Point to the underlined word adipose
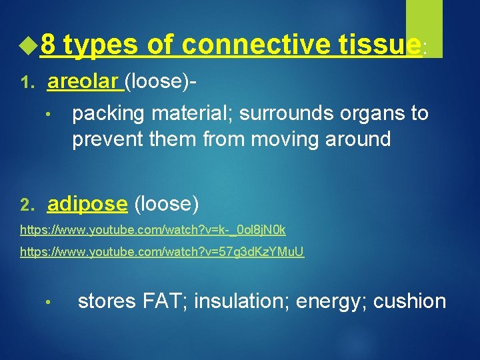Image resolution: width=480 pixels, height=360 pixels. [x=87, y=203]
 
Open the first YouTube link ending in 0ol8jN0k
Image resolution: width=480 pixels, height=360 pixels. [x=153, y=230]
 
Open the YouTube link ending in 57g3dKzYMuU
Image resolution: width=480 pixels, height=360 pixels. [x=162, y=253]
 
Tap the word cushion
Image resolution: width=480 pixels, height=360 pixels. [x=409, y=301]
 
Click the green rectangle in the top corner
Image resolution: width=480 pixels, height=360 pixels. [x=424, y=27]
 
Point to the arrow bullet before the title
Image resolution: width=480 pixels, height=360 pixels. [x=27, y=45]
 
